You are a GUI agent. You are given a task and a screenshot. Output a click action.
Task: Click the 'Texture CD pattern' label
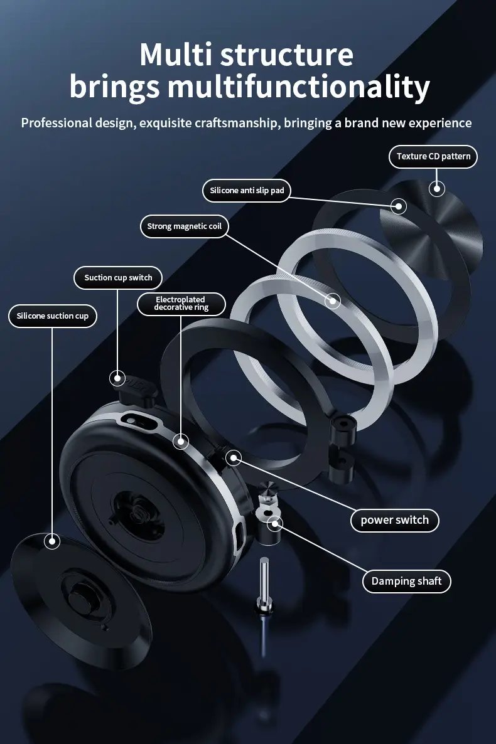(433, 156)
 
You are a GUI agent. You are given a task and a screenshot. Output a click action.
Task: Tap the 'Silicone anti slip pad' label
(247, 190)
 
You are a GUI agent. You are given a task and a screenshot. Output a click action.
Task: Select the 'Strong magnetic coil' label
(185, 226)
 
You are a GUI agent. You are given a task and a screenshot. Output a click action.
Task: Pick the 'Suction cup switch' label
(118, 277)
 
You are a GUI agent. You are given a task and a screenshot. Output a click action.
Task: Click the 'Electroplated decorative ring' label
(181, 304)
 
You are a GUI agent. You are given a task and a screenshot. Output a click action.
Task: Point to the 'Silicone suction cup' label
(53, 316)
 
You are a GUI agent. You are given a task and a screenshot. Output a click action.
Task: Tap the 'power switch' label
(394, 520)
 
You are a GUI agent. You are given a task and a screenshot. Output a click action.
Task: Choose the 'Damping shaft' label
(406, 582)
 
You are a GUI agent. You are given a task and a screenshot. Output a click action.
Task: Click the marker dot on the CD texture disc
(436, 188)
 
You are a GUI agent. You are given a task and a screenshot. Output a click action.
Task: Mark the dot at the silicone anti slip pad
(398, 206)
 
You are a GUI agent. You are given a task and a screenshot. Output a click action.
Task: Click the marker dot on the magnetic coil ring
(332, 300)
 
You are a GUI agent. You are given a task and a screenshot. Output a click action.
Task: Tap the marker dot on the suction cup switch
(117, 378)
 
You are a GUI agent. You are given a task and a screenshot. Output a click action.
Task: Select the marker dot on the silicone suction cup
(51, 541)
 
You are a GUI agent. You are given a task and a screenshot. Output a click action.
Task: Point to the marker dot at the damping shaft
(274, 523)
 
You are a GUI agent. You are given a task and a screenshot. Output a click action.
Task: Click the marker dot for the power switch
(233, 458)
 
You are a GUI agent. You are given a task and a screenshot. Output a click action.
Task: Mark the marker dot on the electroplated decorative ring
(181, 442)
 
